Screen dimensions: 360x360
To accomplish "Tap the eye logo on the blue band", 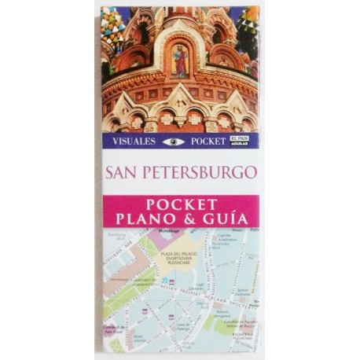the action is point(173,141).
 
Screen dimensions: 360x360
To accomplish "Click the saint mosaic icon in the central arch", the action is point(179,61).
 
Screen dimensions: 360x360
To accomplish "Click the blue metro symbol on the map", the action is point(165,280).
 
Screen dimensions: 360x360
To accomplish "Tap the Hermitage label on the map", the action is point(168,231).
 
